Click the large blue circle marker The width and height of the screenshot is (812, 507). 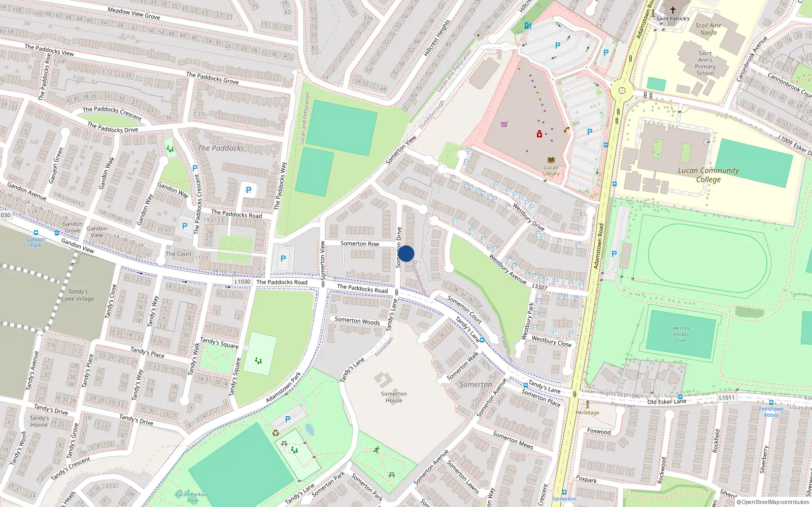pyautogui.click(x=405, y=253)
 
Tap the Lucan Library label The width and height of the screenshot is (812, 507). pyautogui.click(x=551, y=170)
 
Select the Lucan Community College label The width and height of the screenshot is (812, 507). pyautogui.click(x=708, y=175)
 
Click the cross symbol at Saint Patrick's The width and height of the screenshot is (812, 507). pyautogui.click(x=673, y=10)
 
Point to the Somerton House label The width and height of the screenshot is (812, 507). pyautogui.click(x=394, y=397)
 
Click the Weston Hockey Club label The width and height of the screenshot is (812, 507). pyautogui.click(x=681, y=334)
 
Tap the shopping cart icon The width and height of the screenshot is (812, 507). pyautogui.click(x=504, y=124)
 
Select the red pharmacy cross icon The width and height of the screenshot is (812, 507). pyautogui.click(x=539, y=134)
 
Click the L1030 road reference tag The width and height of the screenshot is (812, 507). pyautogui.click(x=242, y=282)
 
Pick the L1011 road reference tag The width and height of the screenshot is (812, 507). pyautogui.click(x=727, y=397)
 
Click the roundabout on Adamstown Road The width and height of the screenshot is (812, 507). pyautogui.click(x=621, y=91)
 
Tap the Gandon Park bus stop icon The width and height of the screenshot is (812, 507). pyautogui.click(x=36, y=233)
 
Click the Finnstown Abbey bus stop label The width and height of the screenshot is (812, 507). pyautogui.click(x=771, y=412)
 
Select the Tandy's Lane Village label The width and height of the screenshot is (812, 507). pyautogui.click(x=78, y=295)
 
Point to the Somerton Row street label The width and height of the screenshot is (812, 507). pyautogui.click(x=359, y=244)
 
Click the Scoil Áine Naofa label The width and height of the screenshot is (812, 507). pyautogui.click(x=708, y=29)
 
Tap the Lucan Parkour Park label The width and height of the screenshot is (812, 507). pyautogui.click(x=192, y=497)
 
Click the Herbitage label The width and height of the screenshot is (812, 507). pyautogui.click(x=587, y=413)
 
